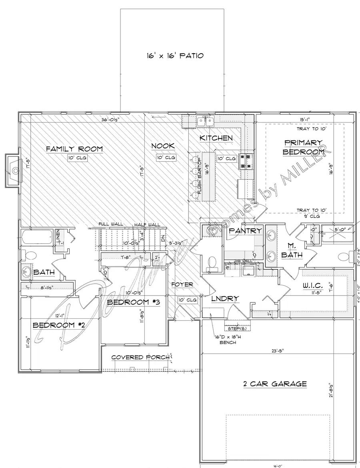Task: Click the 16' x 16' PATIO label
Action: pos(175,56)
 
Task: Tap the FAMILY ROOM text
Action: pos(74,149)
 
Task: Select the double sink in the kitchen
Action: pos(206,121)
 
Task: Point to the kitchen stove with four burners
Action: pos(245,161)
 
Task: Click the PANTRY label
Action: pos(245,231)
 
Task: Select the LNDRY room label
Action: pos(226,298)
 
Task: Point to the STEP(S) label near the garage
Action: pos(237,328)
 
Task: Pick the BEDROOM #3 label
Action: pos(134,302)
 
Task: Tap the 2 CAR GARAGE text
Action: pos(275,384)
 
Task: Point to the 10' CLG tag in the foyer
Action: pos(187,300)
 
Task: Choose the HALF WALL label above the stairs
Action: pos(147,225)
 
